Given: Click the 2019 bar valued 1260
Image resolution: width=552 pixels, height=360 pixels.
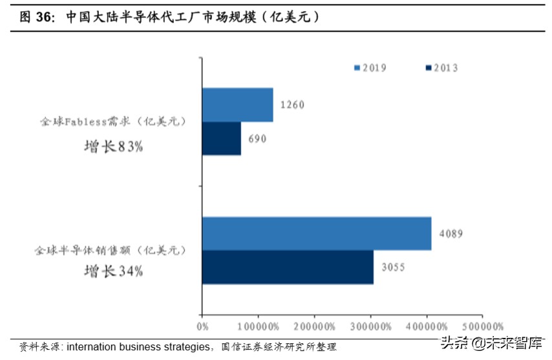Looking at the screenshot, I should [237, 105].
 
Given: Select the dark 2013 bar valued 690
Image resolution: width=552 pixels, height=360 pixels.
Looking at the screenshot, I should [221, 138].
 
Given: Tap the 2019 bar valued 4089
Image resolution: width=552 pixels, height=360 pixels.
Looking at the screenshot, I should [317, 233].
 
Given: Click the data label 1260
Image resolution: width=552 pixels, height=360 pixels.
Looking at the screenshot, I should [292, 105].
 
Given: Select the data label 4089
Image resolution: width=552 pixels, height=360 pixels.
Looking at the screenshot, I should [451, 233].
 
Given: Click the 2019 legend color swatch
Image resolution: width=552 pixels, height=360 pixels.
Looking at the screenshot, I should [357, 67].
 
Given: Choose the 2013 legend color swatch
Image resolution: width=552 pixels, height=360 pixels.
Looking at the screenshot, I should [429, 67].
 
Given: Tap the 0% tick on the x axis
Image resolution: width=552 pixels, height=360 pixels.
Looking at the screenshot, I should [202, 327].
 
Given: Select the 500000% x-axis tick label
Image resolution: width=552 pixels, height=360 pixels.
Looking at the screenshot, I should [482, 327].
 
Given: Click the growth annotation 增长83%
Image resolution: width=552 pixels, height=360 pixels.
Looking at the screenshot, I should [114, 147].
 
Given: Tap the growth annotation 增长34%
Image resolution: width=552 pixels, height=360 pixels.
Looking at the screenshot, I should [114, 271].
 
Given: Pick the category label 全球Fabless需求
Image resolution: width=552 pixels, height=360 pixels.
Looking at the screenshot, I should [112, 122].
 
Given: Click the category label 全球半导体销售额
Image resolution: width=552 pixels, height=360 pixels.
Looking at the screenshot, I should [110, 249].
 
